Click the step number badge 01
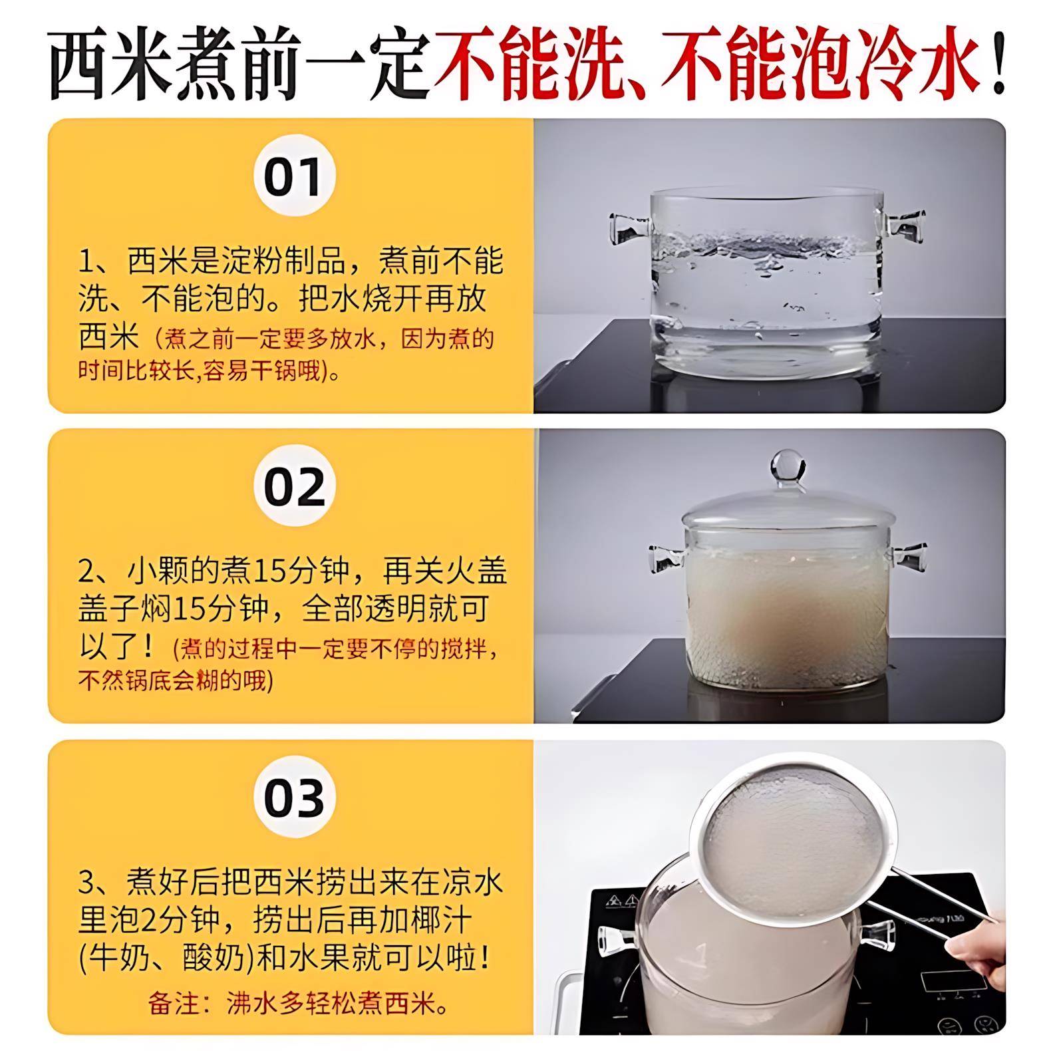click(294, 176)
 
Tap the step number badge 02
click(294, 486)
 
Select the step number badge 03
click(294, 797)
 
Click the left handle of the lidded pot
click(666, 559)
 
